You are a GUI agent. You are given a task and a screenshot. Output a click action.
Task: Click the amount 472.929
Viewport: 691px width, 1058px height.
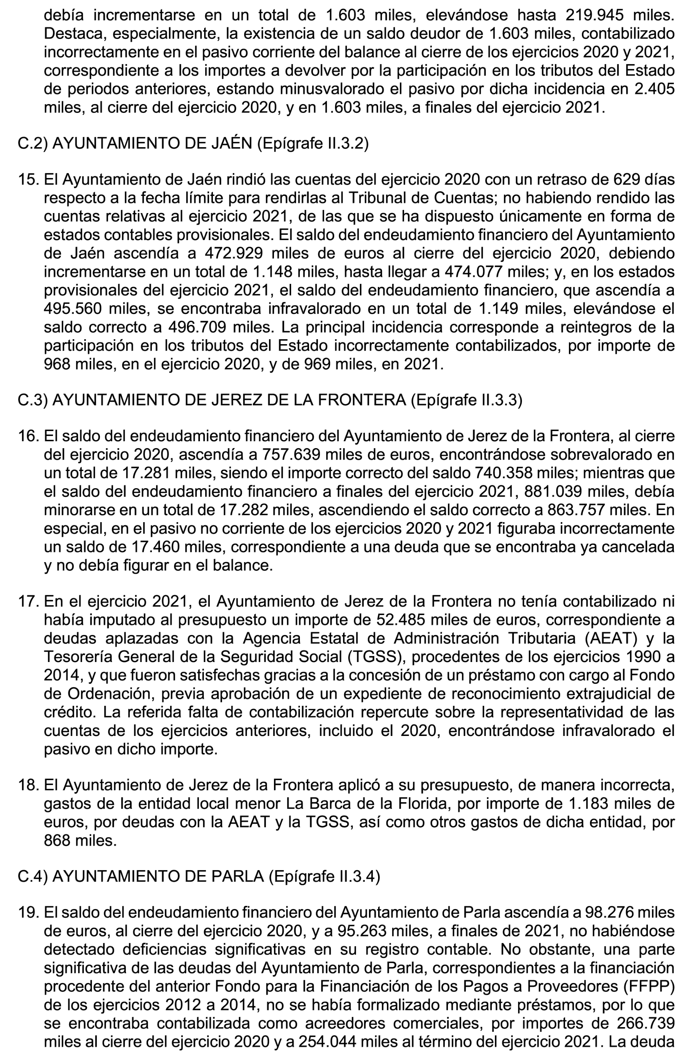coord(234,253)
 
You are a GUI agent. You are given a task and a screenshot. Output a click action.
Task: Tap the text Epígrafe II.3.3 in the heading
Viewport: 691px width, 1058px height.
coord(466,400)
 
